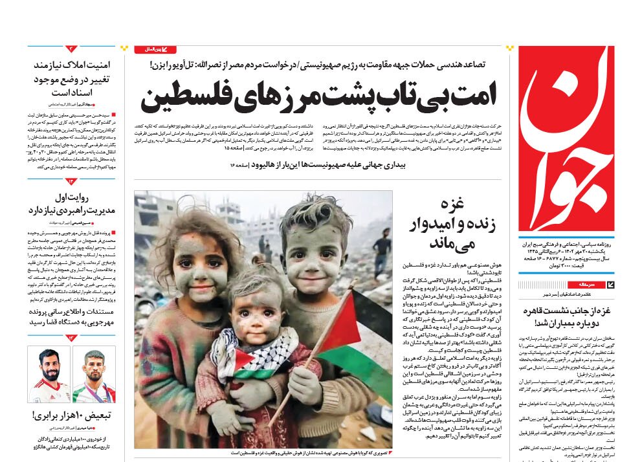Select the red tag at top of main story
point(155,49)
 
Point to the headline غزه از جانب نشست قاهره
point(567,316)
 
